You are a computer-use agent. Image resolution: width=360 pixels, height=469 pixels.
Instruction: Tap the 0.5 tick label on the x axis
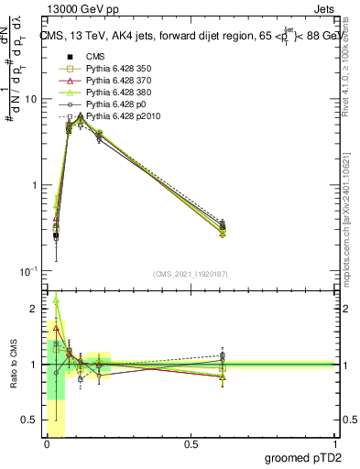[191, 444]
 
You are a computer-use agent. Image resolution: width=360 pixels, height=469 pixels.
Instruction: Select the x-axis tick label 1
[335, 444]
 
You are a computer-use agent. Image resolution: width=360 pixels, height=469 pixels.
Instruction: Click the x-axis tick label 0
[47, 444]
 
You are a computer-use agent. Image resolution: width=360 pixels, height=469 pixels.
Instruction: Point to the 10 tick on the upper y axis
[33, 99]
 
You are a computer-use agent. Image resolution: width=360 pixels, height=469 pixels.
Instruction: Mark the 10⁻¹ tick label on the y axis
[31, 272]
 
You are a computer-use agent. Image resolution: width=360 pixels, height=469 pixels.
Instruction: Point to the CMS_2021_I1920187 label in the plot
[190, 274]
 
